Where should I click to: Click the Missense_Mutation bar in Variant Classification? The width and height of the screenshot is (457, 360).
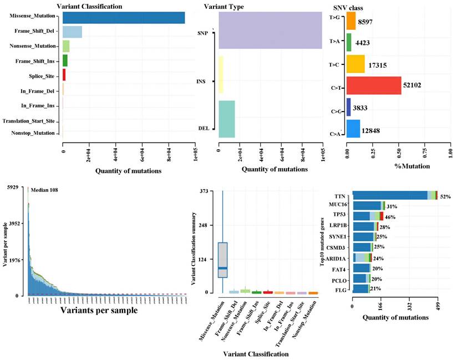[x=124, y=17]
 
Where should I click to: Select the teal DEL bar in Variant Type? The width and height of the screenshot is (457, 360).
[x=227, y=119]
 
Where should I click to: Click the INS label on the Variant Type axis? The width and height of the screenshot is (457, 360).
[x=200, y=82]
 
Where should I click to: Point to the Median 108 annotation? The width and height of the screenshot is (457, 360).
[x=45, y=190]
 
